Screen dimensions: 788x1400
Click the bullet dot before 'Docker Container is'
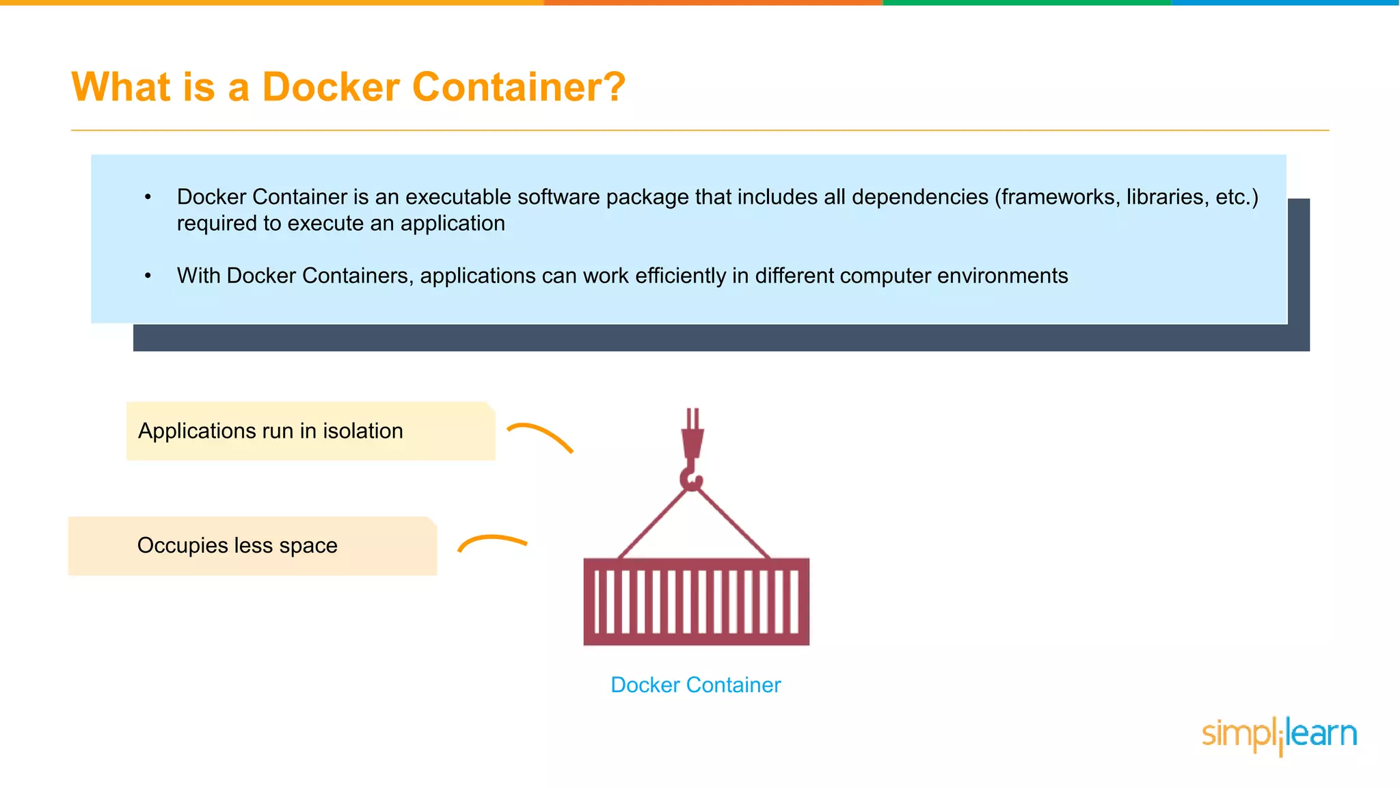click(148, 198)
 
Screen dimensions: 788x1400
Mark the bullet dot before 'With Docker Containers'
click(148, 276)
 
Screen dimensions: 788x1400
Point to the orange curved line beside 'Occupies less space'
click(492, 541)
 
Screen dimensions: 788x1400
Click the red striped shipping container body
click(696, 601)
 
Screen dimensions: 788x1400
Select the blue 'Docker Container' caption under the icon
click(695, 685)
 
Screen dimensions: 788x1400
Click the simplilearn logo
click(1279, 735)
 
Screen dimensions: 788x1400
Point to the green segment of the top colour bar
click(1026, 3)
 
